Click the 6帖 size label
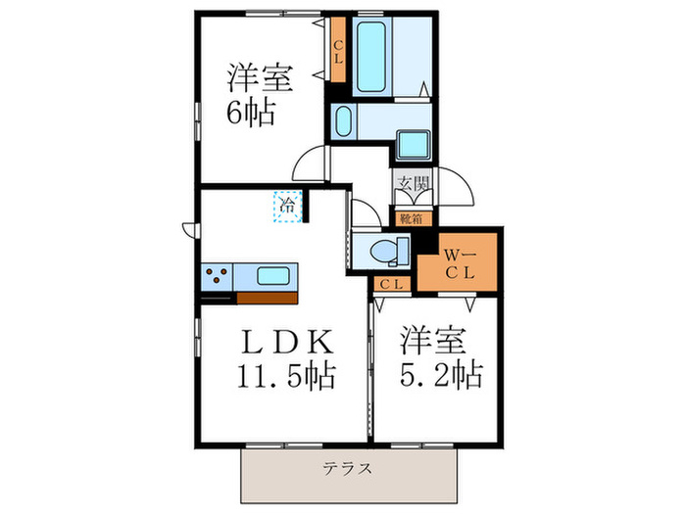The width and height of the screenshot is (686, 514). pos(251,111)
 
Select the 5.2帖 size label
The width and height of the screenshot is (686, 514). pos(440,375)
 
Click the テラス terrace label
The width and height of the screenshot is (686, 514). pos(348,468)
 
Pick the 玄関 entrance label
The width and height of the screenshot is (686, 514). pos(414,183)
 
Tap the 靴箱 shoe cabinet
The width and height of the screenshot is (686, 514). pos(410,218)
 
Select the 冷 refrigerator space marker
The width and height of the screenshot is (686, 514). pos(288,207)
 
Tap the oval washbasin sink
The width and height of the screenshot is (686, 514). pos(343,121)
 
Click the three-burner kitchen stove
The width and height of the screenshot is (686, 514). pos(217,276)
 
